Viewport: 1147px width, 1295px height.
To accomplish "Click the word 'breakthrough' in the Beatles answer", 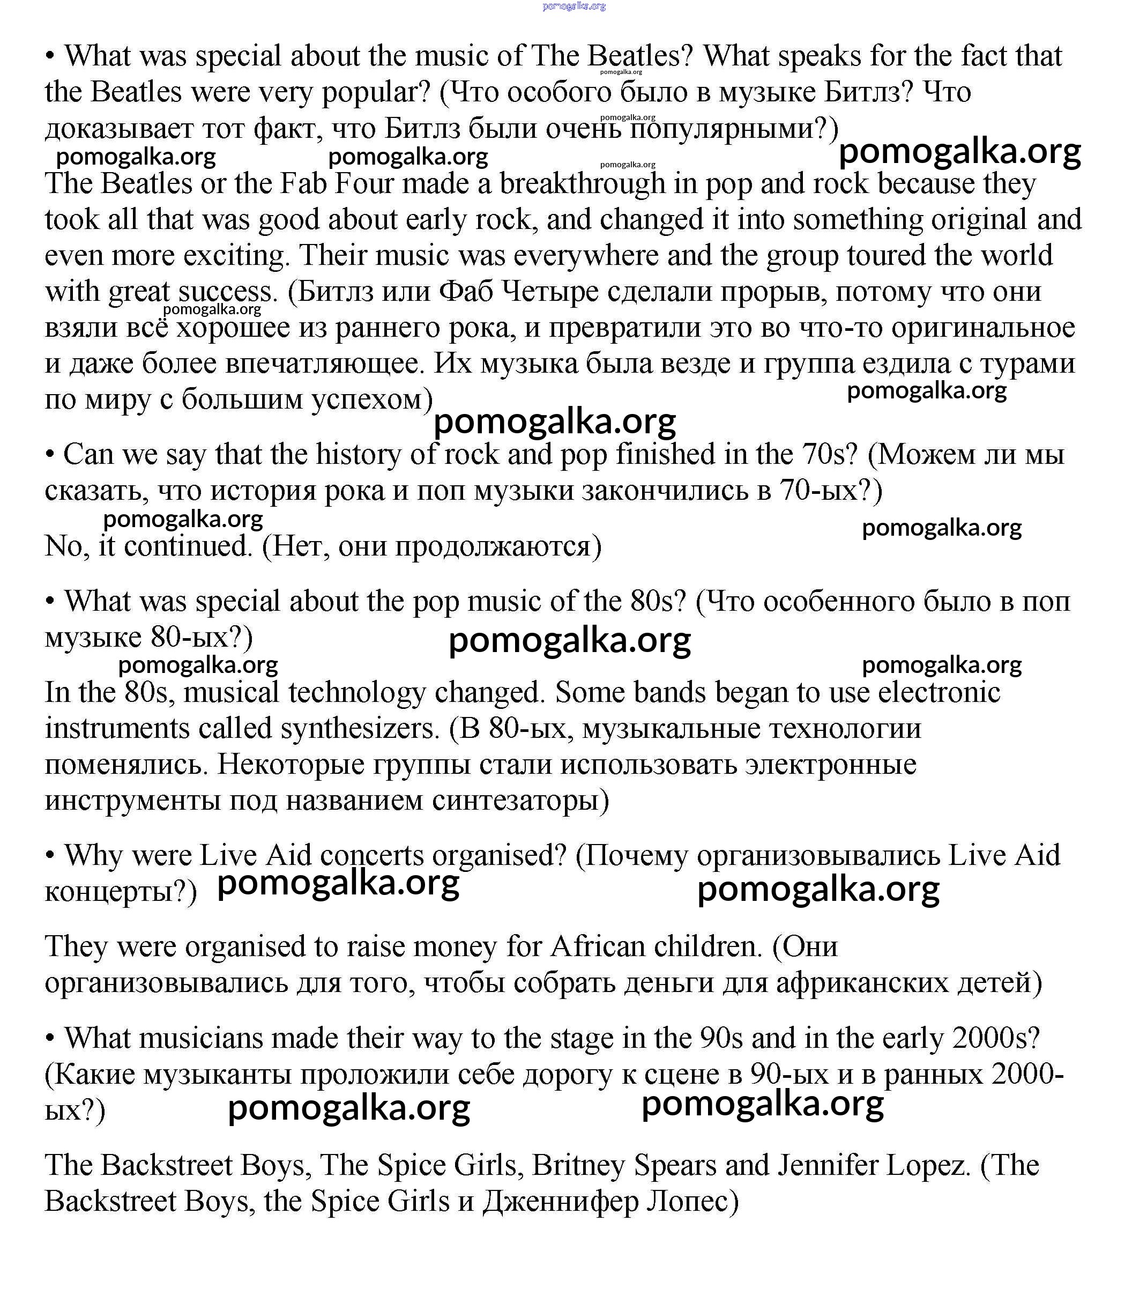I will point(582,184).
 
